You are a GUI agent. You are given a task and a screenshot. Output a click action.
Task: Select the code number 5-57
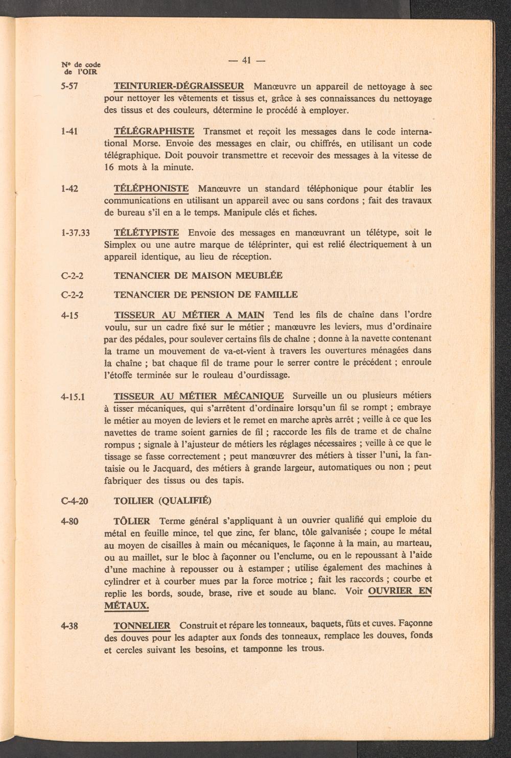pyautogui.click(x=69, y=86)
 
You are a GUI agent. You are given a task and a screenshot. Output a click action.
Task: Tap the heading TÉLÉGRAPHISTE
pyautogui.click(x=153, y=131)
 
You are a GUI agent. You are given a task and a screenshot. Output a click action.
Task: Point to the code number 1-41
pyautogui.click(x=69, y=132)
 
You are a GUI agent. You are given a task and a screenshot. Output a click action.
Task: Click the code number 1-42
pyautogui.click(x=69, y=188)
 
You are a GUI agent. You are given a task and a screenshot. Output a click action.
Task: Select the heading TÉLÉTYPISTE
pyautogui.click(x=146, y=233)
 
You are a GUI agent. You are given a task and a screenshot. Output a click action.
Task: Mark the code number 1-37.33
pyautogui.click(x=75, y=233)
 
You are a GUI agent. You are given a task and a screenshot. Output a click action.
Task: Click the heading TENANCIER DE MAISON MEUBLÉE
pyautogui.click(x=198, y=275)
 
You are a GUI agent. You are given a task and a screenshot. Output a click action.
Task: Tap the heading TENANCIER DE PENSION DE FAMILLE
pyautogui.click(x=205, y=295)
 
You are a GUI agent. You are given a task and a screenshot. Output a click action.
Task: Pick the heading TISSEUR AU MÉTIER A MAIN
pyautogui.click(x=189, y=315)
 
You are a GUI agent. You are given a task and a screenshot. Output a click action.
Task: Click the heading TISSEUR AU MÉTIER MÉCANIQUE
pyautogui.click(x=198, y=396)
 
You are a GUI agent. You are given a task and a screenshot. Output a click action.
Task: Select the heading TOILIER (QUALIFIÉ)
pyautogui.click(x=162, y=500)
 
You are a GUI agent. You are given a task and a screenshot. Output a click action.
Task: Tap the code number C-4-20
pyautogui.click(x=75, y=500)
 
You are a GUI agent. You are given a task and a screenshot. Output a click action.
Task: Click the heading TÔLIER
pyautogui.click(x=132, y=522)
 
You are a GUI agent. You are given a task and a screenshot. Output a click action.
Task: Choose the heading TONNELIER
pyautogui.click(x=142, y=626)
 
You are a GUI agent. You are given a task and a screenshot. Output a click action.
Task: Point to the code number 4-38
pyautogui.click(x=69, y=626)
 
